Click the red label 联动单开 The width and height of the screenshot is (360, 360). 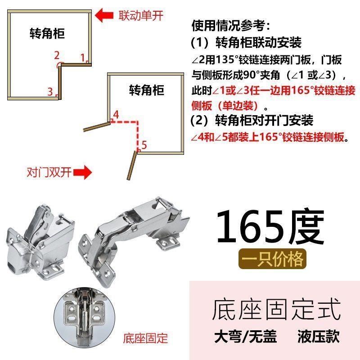(140, 16)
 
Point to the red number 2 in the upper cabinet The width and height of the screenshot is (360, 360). (57, 55)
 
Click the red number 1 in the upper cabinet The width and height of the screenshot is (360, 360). (83, 57)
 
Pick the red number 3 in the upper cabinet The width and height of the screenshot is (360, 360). (50, 92)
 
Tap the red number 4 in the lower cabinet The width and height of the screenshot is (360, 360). (116, 114)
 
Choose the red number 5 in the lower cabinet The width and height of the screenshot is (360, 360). (144, 145)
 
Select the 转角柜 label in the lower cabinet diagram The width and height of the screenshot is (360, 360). (146, 89)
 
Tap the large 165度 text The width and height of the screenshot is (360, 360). (270, 228)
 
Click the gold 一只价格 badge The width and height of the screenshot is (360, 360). (272, 260)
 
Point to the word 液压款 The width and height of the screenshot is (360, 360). (318, 336)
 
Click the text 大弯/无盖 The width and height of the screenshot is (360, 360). (245, 336)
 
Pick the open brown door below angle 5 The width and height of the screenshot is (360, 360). (131, 166)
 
